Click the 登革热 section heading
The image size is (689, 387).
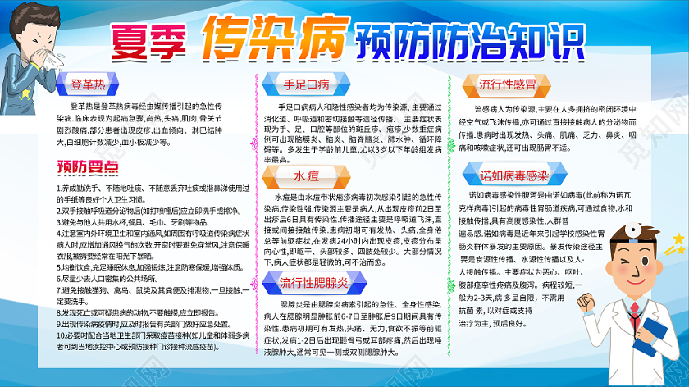point(87,84)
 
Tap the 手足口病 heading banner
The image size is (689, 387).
point(306,84)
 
